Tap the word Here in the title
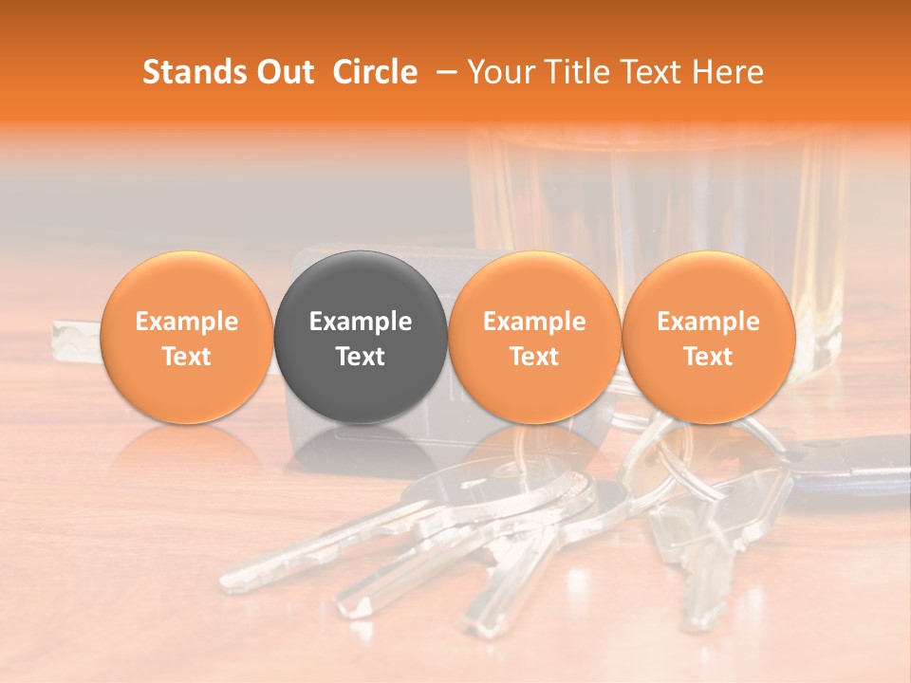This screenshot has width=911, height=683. (726, 72)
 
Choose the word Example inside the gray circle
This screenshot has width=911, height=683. (361, 322)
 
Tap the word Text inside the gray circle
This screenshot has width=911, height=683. (361, 357)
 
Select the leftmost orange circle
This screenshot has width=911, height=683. (186, 337)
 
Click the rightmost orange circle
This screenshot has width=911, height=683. (708, 337)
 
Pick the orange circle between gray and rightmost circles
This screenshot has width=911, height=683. (534, 337)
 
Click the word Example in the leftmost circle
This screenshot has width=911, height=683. (186, 322)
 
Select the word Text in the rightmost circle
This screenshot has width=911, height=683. (708, 357)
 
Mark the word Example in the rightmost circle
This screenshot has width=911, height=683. (708, 322)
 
